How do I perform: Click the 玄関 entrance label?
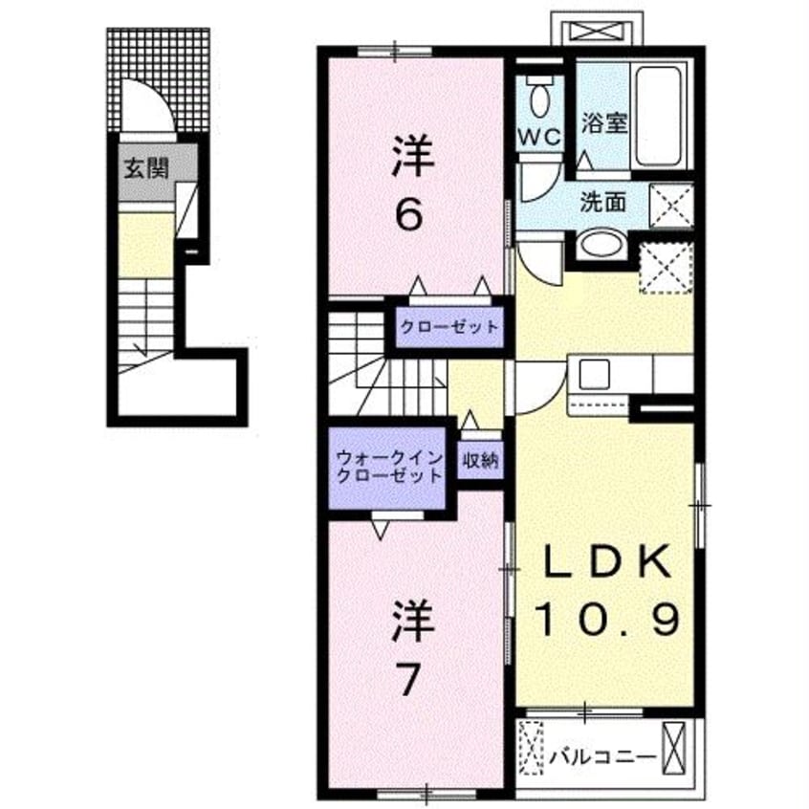[x=144, y=169]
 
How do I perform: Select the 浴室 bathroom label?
[x=603, y=123]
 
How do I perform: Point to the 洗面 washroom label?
[x=603, y=201]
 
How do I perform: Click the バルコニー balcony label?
[x=603, y=756]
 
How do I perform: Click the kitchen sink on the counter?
[x=588, y=373]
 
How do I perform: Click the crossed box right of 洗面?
[x=670, y=202]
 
